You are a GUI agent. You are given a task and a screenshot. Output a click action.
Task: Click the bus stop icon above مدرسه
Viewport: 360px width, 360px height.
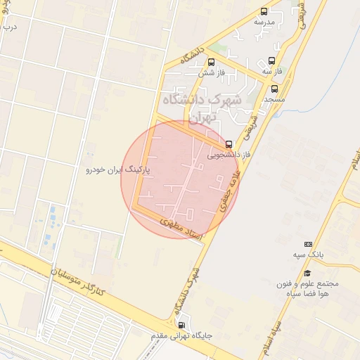(264, 11)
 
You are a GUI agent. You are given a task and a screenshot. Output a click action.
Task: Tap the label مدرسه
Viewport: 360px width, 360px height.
(264, 22)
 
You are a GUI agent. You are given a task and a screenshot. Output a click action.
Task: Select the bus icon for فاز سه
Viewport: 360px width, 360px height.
(271, 61)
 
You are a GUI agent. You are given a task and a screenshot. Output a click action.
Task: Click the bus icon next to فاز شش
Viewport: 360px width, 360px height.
(211, 62)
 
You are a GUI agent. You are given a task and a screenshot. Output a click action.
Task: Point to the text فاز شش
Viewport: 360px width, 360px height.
(211, 72)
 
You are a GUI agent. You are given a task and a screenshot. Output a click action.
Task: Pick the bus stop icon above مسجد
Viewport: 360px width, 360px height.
(274, 89)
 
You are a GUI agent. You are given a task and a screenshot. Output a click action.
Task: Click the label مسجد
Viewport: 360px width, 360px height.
(274, 100)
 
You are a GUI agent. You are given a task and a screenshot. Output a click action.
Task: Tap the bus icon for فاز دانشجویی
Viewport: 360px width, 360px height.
(229, 143)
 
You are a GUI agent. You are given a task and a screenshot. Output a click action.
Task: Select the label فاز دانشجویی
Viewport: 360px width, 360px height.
(226, 153)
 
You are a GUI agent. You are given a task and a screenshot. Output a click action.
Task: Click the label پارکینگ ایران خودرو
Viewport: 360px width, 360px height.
(115, 170)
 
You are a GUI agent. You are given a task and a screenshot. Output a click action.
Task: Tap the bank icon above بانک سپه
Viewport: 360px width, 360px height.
(307, 243)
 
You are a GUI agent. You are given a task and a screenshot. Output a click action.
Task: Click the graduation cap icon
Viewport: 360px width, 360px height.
(307, 273)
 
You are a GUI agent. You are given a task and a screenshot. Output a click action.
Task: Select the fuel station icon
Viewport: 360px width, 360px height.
(183, 326)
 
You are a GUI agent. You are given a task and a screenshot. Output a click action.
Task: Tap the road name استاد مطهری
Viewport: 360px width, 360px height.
(181, 229)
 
